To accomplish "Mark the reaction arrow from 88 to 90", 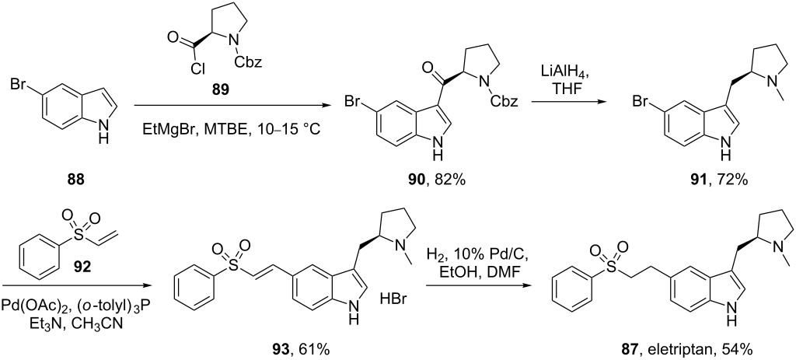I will pyautogui.click(x=225, y=105).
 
